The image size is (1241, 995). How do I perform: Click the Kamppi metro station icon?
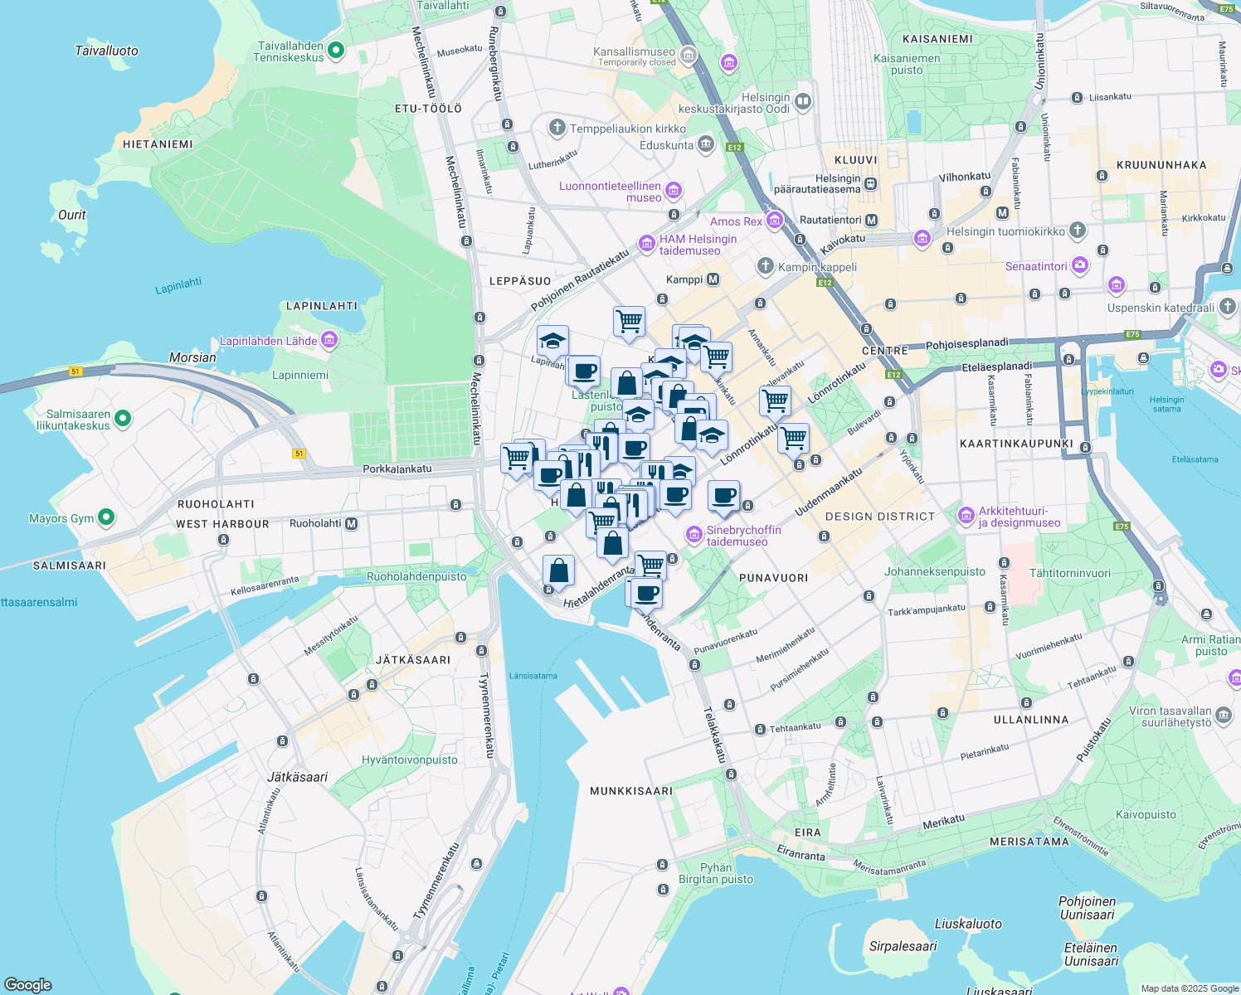713,279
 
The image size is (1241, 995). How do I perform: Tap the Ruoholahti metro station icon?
352,523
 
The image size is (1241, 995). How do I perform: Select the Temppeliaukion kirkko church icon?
557,128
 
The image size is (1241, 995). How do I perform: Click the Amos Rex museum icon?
775,221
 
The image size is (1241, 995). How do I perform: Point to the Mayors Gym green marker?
105,517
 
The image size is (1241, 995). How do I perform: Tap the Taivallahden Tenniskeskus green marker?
336,51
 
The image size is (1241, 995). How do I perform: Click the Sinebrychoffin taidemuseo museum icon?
693,535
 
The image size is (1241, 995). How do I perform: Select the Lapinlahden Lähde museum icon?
329,340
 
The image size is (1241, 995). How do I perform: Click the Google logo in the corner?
27,984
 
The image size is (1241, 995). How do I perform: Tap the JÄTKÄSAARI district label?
413,660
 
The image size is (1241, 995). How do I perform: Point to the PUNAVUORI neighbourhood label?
773,577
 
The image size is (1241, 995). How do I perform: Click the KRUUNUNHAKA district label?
1161,165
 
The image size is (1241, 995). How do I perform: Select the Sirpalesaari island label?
903,946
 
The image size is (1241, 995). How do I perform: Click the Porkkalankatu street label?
397,468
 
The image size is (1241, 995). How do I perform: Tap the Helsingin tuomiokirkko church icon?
1077,231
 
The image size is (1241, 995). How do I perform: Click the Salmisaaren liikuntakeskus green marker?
123,419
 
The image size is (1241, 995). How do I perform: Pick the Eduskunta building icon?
705,144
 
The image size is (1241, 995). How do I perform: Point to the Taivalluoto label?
106,51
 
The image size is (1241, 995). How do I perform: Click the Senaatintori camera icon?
1079,265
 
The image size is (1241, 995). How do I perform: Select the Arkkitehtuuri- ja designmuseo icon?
966,516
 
